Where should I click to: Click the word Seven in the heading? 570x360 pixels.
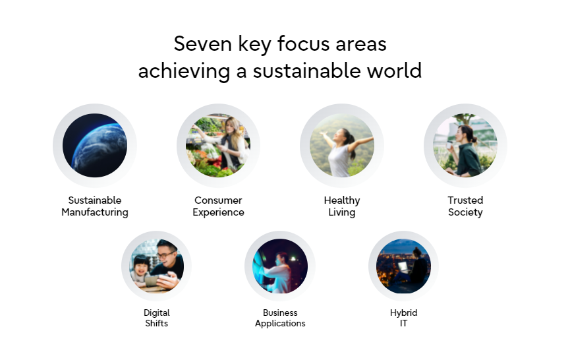(x=202, y=44)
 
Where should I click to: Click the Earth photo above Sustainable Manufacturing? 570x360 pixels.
(x=95, y=146)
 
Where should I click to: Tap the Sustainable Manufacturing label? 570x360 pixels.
(x=95, y=206)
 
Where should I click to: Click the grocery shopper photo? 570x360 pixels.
(x=218, y=146)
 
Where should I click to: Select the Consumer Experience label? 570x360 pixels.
(x=219, y=206)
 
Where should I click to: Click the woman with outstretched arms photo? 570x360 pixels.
(x=342, y=146)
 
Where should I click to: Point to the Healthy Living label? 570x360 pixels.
(x=342, y=206)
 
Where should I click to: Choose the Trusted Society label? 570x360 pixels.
(x=465, y=206)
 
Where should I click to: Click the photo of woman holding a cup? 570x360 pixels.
(x=465, y=146)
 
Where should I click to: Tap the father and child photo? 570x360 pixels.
(x=157, y=266)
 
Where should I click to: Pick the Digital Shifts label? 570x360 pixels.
(x=157, y=318)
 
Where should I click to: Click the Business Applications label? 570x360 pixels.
(x=280, y=318)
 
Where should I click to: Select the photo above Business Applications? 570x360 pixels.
(x=280, y=266)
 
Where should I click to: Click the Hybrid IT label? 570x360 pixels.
(x=403, y=318)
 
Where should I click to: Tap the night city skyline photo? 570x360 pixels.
(x=403, y=266)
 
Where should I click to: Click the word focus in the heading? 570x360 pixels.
(x=304, y=44)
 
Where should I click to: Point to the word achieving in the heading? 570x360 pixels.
(x=184, y=71)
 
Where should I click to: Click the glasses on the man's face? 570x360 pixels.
(x=166, y=255)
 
